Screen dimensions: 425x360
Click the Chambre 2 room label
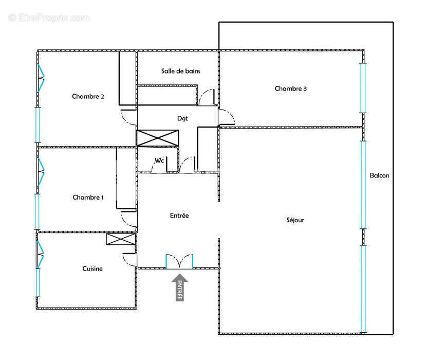pyautogui.click(x=88, y=96)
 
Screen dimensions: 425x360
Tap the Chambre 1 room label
pyautogui.click(x=88, y=197)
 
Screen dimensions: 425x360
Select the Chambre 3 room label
pyautogui.click(x=290, y=88)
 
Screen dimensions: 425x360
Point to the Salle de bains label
pyautogui.click(x=180, y=71)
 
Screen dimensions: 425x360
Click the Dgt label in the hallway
pyautogui.click(x=182, y=119)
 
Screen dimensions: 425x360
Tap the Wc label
pyautogui.click(x=159, y=160)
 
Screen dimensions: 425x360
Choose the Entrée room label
pyautogui.click(x=179, y=215)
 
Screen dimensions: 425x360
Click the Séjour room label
pyautogui.click(x=295, y=220)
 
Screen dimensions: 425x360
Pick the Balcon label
pyautogui.click(x=379, y=175)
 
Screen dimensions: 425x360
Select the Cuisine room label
pyautogui.click(x=93, y=268)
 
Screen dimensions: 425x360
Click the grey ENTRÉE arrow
pyautogui.click(x=180, y=287)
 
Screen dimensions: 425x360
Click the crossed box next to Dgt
pyautogui.click(x=158, y=138)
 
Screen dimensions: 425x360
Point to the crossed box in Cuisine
pyautogui.click(x=121, y=239)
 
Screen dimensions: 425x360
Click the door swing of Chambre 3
pyautogui.click(x=227, y=117)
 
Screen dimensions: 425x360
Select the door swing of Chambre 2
pyautogui.click(x=128, y=117)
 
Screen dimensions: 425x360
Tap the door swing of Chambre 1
pyautogui.click(x=128, y=219)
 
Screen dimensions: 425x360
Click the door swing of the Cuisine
pyautogui.click(x=130, y=260)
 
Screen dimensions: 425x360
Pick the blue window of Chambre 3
pyautogui.click(x=363, y=88)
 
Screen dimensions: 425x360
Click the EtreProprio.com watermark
pyautogui.click(x=49, y=17)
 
